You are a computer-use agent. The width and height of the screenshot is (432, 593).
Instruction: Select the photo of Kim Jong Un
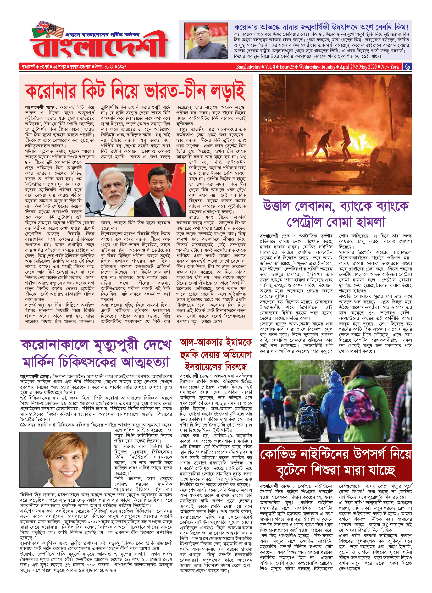[206, 41]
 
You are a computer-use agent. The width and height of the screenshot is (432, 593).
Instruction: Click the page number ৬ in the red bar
[407, 67]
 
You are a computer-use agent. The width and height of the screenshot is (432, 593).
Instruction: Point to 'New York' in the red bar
[390, 67]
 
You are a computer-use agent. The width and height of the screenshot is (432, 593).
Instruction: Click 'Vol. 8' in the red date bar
[270, 67]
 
